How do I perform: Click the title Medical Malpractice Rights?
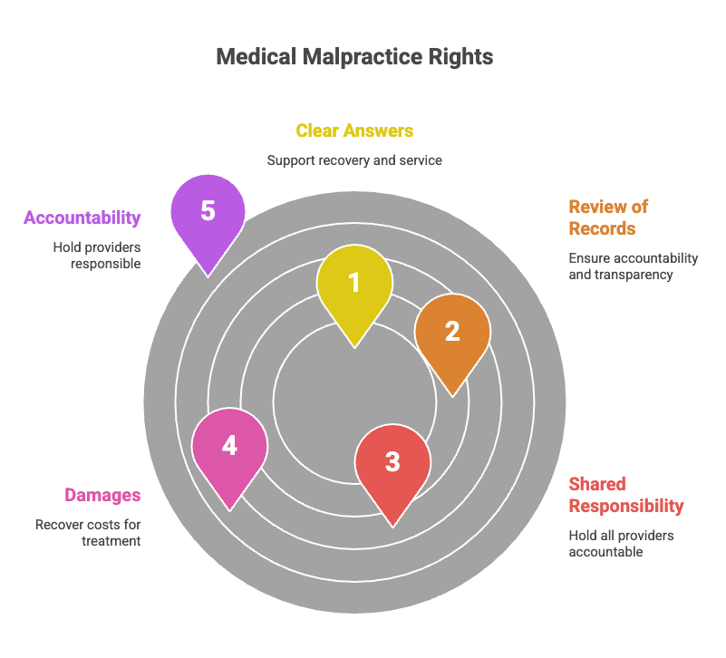(x=354, y=57)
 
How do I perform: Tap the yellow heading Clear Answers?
(x=354, y=131)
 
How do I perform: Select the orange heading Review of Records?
(x=608, y=218)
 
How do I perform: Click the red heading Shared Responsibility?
(x=626, y=495)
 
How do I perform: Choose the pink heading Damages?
(x=102, y=495)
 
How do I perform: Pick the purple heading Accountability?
(x=82, y=218)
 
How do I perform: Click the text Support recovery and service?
(x=354, y=160)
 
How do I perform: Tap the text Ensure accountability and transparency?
(x=634, y=266)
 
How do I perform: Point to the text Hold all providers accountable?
(x=621, y=544)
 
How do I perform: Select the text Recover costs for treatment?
(x=88, y=533)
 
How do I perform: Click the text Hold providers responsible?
(x=97, y=256)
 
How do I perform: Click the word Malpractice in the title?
(x=362, y=57)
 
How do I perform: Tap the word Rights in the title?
(x=460, y=57)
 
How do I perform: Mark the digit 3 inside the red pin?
(x=392, y=461)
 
